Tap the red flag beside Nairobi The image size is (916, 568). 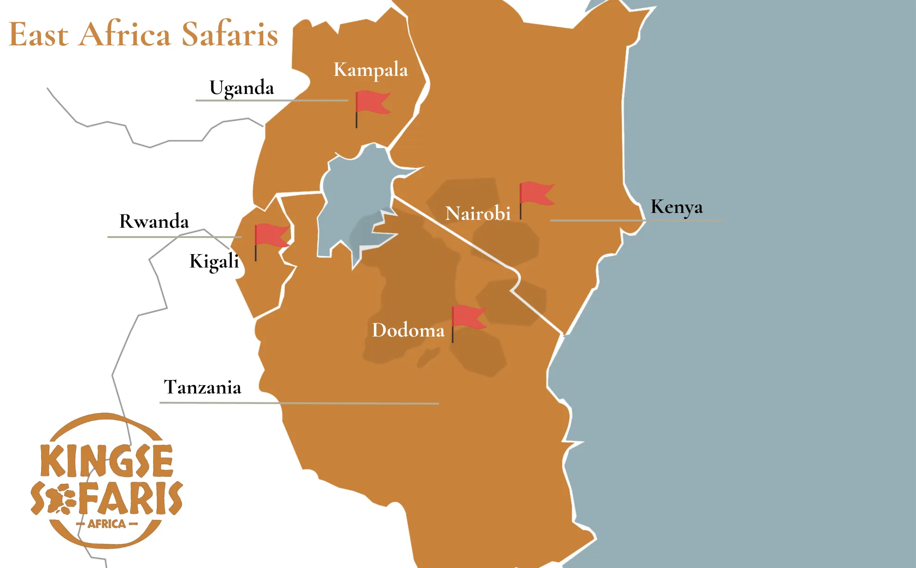(x=536, y=194)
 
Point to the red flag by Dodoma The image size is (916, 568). (x=468, y=317)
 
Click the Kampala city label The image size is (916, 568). (x=371, y=70)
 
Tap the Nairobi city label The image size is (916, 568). (x=477, y=213)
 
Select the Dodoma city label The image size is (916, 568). (x=408, y=331)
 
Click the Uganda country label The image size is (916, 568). (x=241, y=88)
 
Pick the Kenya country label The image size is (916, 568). (x=676, y=207)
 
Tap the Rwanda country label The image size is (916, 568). (x=154, y=221)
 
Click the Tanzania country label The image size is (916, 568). (x=203, y=387)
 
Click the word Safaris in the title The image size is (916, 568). (x=229, y=34)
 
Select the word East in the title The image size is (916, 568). (x=39, y=34)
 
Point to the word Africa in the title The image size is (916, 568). (x=125, y=34)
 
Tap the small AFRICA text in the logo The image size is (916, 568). (x=107, y=524)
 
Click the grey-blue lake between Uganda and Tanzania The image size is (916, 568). (x=352, y=194)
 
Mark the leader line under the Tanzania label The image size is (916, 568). (x=299, y=403)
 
